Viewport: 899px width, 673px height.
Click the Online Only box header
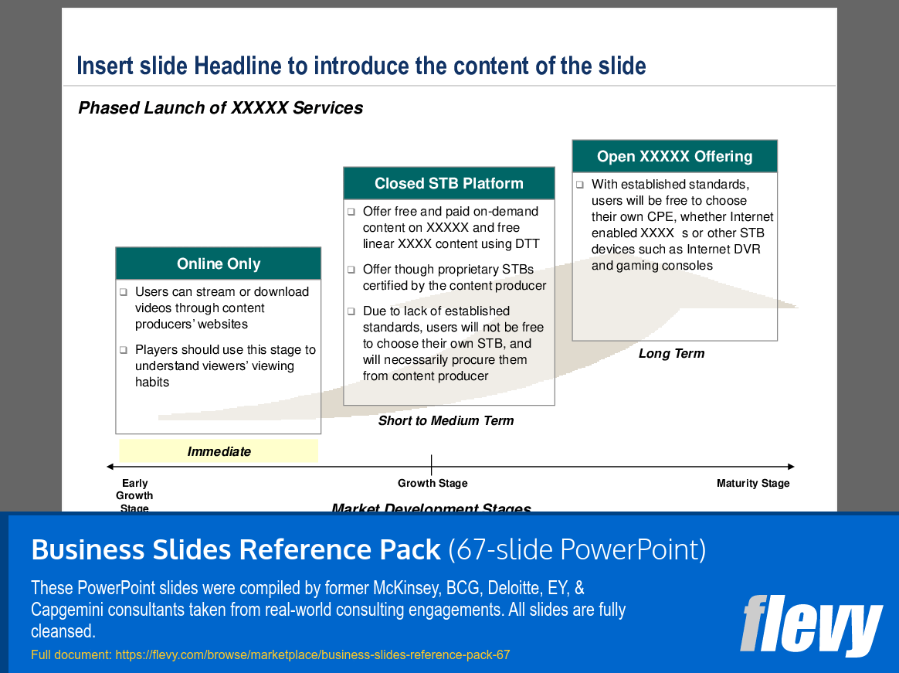(x=218, y=264)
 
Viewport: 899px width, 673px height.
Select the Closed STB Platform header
(x=449, y=184)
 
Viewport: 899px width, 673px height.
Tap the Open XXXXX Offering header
(x=674, y=157)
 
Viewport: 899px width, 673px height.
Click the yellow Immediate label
(x=219, y=451)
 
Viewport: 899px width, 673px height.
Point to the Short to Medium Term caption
(x=446, y=421)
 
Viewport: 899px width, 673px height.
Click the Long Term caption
(x=671, y=354)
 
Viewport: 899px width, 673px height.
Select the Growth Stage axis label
(x=433, y=484)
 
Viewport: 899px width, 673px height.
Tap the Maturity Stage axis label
(x=753, y=484)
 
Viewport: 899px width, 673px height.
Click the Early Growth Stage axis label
(x=134, y=495)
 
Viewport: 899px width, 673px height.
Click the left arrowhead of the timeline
(x=110, y=467)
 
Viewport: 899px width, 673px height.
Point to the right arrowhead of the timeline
(x=791, y=467)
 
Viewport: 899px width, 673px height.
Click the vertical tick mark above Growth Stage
(x=431, y=464)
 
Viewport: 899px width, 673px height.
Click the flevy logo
(x=811, y=625)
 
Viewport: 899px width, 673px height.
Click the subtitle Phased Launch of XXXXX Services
(x=221, y=108)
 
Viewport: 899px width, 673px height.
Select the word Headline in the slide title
(x=239, y=66)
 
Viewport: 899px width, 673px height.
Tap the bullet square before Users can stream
(x=123, y=292)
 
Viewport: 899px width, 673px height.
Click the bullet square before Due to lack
(x=351, y=311)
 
